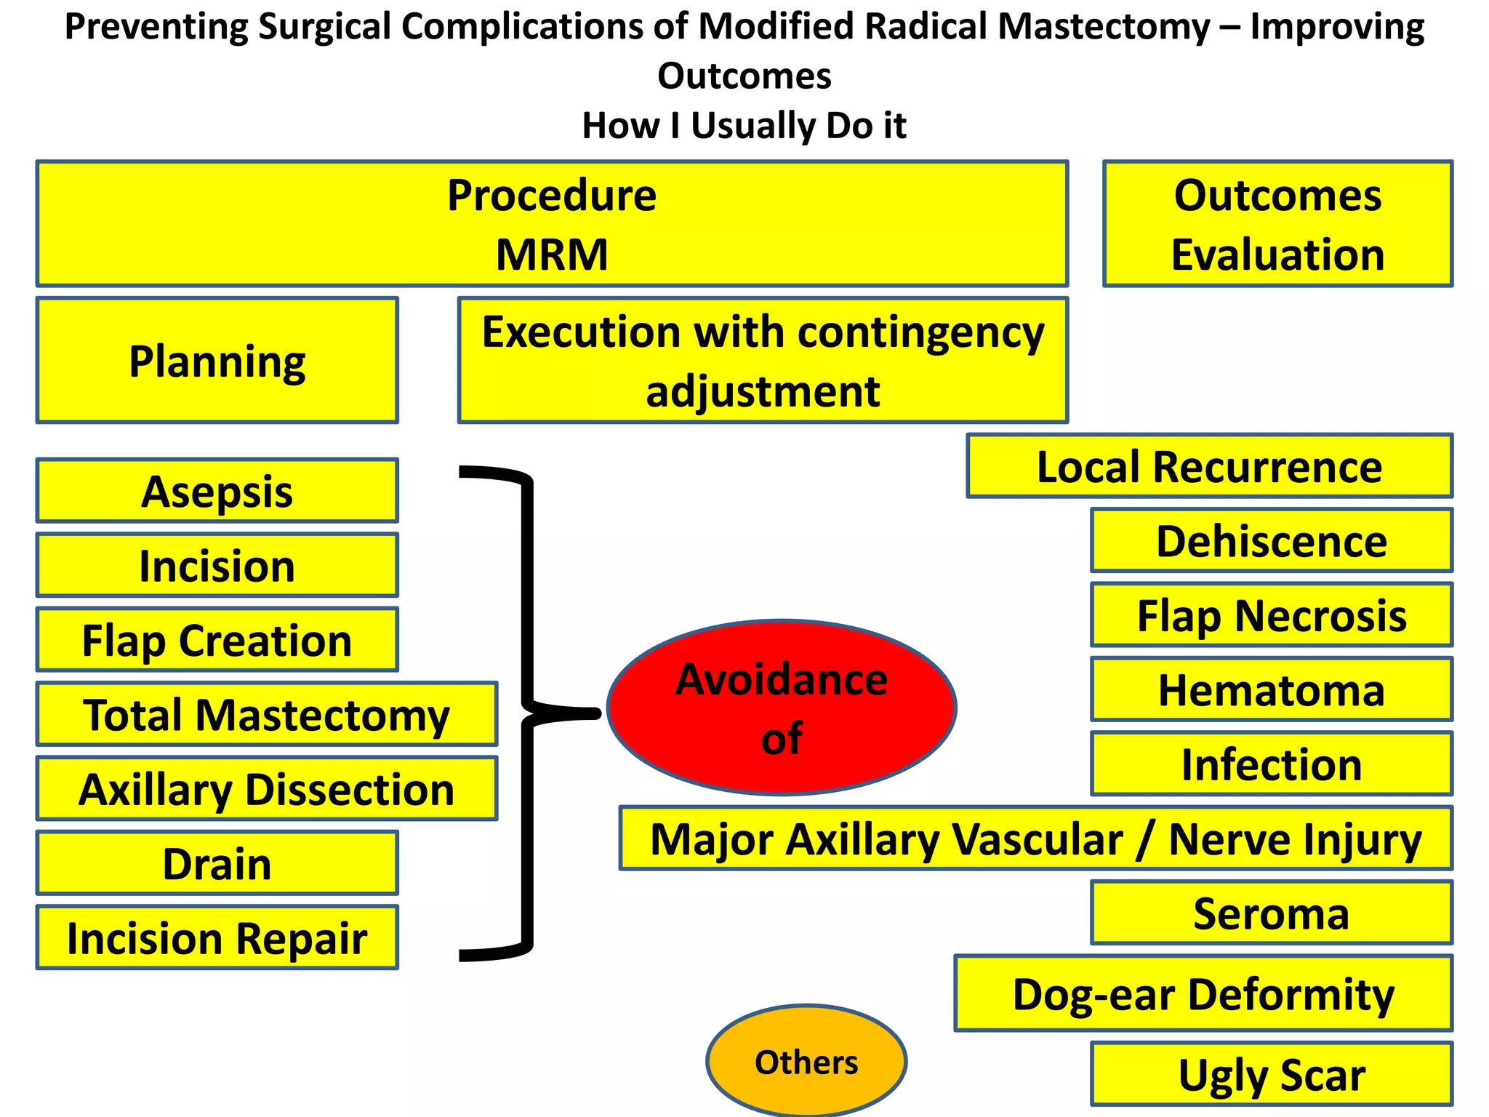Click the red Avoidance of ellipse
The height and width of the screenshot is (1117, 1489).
click(x=782, y=708)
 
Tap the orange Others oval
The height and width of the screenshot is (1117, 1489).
click(x=806, y=1062)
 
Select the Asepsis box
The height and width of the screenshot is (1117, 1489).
click(x=217, y=491)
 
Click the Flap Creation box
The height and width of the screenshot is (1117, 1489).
click(x=217, y=640)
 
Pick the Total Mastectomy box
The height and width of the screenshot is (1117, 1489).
click(x=267, y=714)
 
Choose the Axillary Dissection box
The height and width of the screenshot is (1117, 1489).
click(x=267, y=789)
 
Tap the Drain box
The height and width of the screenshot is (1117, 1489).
click(x=217, y=863)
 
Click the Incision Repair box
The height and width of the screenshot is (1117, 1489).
click(x=217, y=937)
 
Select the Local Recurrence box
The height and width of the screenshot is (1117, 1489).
click(x=1209, y=466)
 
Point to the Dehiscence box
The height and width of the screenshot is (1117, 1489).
click(x=1272, y=541)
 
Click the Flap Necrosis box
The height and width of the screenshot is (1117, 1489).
click(x=1272, y=615)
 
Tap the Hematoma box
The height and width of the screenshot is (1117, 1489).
click(x=1272, y=689)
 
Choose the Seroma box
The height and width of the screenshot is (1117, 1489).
click(x=1272, y=913)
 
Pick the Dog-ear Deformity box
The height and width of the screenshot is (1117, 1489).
click(x=1203, y=993)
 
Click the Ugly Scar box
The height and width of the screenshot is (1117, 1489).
click(x=1272, y=1074)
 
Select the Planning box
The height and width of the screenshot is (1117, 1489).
click(x=217, y=361)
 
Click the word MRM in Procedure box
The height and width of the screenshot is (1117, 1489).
click(x=552, y=255)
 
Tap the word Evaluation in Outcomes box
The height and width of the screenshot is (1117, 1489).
click(x=1277, y=255)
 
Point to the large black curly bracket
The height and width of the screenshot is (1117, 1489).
click(x=528, y=713)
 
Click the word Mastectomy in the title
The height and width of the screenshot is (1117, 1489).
click(x=1103, y=27)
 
